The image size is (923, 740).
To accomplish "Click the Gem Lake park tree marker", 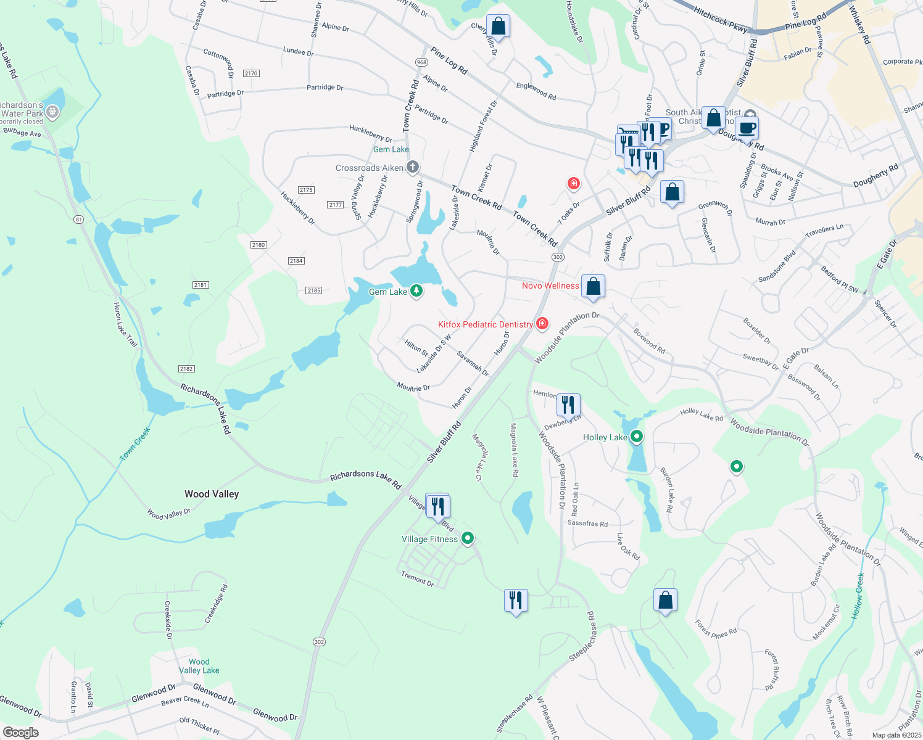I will pos(416,290).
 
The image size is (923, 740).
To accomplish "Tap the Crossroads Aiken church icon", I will pos(413,167).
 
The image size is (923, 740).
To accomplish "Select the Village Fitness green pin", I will pos(468,538).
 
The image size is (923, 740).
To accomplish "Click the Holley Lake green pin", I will pos(637,437).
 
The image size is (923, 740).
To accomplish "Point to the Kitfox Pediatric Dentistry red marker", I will pos(542,323).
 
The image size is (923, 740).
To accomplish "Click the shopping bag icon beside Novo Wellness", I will pos(594,287).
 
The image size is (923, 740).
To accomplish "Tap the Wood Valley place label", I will pos(212,494).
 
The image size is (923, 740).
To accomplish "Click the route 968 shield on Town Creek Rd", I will pos(422,62).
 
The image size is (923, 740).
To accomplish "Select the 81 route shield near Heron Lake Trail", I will pos(78,220).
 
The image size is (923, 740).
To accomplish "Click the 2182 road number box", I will pos(186,369).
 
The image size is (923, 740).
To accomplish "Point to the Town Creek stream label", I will pos(135,444).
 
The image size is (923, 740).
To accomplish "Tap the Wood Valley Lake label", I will pos(199,666).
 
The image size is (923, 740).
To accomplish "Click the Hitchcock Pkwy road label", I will pos(720,20).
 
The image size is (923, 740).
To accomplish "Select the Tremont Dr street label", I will pos(418,578).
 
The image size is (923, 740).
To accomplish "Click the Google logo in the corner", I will pos(21,732).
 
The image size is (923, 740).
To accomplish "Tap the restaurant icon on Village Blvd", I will pos(437,506).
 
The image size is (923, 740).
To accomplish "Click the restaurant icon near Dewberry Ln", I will pos(568,405).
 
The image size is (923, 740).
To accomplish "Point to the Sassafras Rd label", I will pos(587,524).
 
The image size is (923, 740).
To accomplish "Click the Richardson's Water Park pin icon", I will pos(53,112).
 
